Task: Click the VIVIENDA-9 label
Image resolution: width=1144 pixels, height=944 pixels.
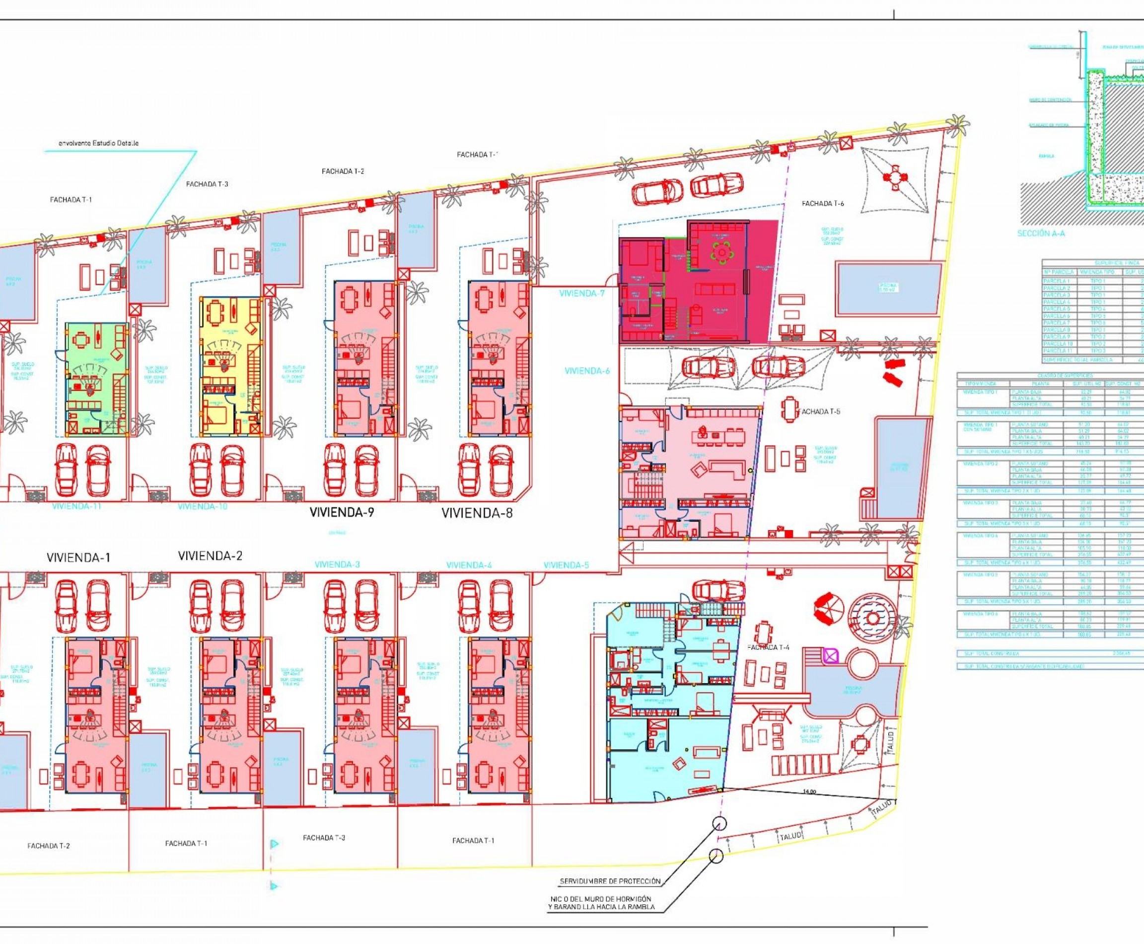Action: tap(342, 512)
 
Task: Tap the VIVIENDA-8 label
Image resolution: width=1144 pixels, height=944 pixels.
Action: tap(477, 513)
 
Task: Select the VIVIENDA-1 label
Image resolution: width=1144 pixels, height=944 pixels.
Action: tap(78, 557)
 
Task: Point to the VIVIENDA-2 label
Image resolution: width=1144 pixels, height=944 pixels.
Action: tap(210, 556)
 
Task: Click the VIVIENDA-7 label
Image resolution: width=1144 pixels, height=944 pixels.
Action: tap(581, 294)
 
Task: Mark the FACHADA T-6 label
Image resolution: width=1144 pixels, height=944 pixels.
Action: tap(823, 203)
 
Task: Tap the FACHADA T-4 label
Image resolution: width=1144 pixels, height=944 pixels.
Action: tap(768, 648)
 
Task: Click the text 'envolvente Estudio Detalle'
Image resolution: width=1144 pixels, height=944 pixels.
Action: tap(98, 143)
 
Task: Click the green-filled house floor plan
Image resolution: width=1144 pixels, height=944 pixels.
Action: tap(97, 379)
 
